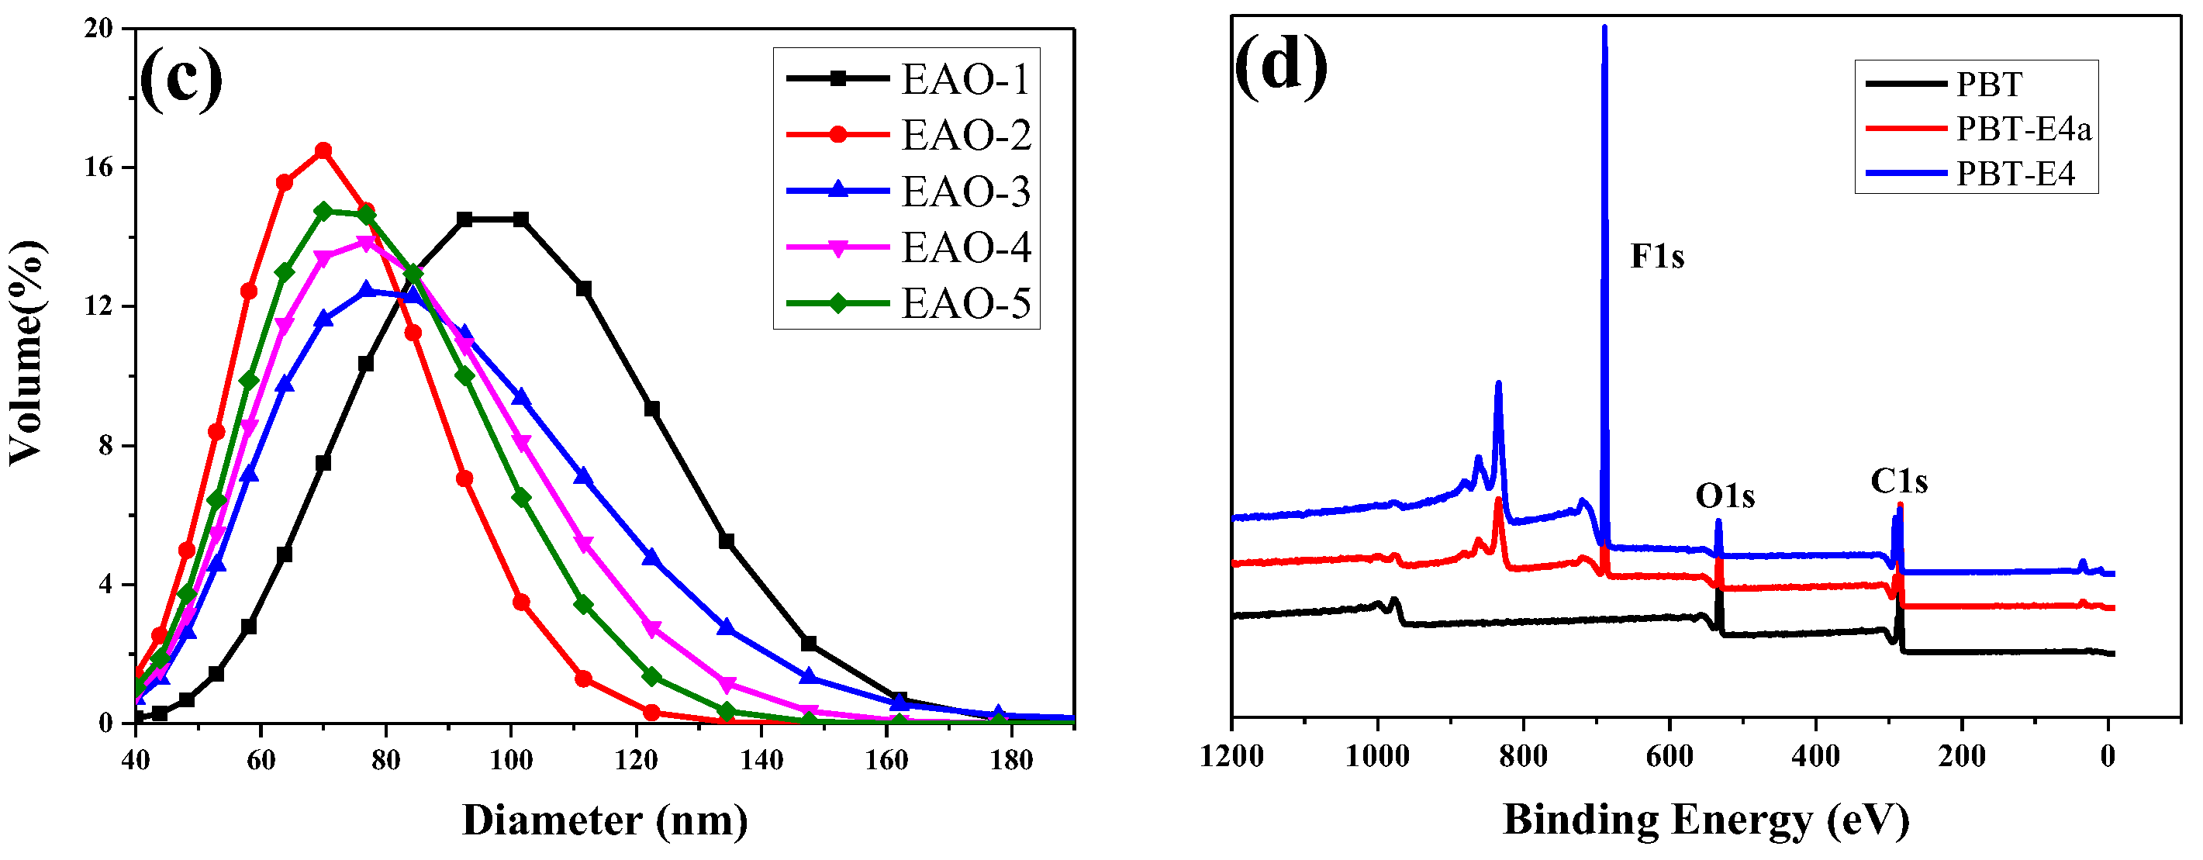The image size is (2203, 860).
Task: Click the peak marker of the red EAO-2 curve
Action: click(x=323, y=151)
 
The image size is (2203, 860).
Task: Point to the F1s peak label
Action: click(x=1656, y=257)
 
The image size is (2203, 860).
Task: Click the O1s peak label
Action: click(x=1725, y=496)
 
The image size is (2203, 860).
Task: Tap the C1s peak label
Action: click(x=1898, y=482)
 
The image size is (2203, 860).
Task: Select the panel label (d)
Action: click(x=1280, y=67)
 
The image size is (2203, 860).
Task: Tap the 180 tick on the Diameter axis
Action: click(x=1012, y=759)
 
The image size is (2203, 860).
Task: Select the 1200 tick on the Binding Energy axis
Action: click(x=1231, y=757)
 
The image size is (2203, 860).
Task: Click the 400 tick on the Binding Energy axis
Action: click(x=1815, y=757)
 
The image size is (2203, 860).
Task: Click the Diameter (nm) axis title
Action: click(x=605, y=820)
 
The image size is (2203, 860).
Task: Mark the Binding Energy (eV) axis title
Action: click(x=1706, y=820)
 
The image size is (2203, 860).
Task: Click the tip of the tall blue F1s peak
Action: click(x=1604, y=27)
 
